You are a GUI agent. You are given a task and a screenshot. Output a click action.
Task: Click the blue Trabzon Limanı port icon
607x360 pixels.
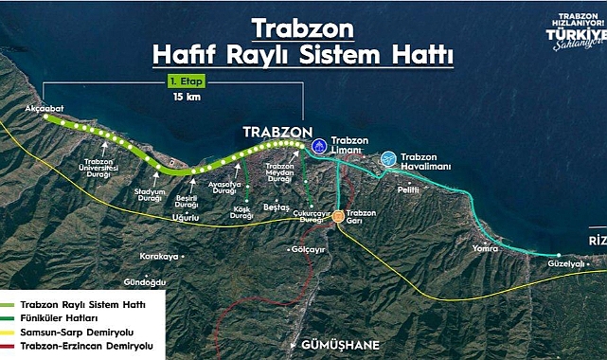(x=319, y=147)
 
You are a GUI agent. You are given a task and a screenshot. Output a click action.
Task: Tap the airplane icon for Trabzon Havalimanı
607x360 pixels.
(x=387, y=159)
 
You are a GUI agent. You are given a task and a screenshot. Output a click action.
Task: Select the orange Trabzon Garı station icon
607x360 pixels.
(x=339, y=216)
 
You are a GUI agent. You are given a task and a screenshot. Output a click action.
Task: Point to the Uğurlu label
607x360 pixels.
(x=183, y=218)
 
